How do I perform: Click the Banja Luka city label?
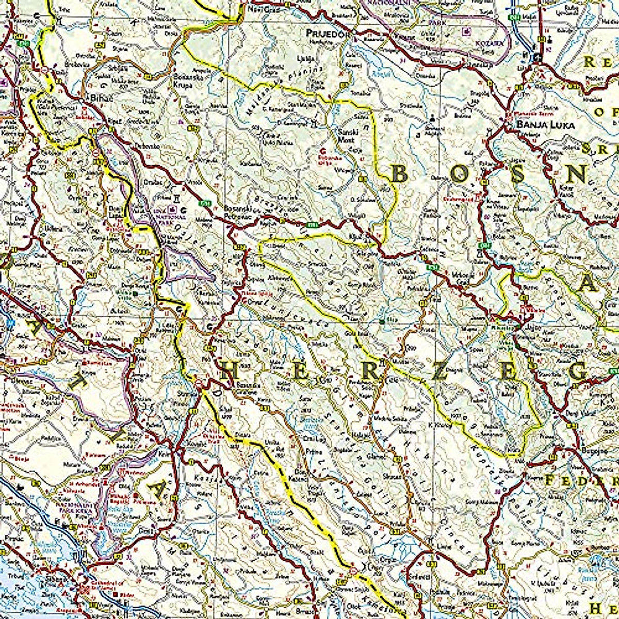point(540,125)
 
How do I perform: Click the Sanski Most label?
point(344,135)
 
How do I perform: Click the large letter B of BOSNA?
point(399,174)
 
